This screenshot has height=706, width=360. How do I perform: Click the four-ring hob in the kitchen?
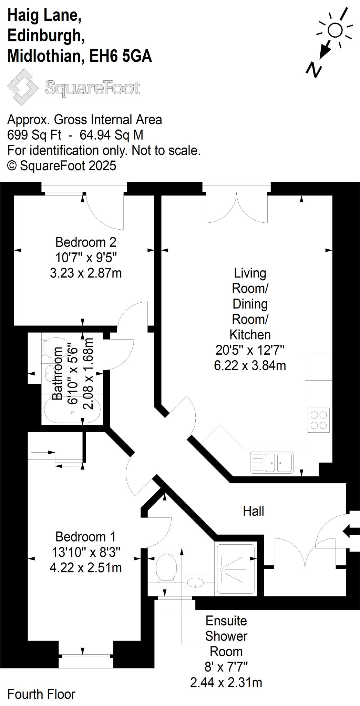coord(319,420)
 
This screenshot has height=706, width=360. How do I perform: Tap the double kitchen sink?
coord(272,462)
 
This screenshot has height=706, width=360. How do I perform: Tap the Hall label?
coord(253,511)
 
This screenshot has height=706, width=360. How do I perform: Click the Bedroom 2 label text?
coord(86,242)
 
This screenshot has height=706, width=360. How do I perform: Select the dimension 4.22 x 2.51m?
coord(86,567)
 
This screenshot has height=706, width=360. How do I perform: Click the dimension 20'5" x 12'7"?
coord(250,350)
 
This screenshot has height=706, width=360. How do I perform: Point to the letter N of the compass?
coord(313,70)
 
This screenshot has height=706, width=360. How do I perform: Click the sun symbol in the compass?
coord(335,30)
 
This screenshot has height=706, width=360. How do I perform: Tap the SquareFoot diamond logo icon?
coord(23,87)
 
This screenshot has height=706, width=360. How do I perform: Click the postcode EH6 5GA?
coord(121,56)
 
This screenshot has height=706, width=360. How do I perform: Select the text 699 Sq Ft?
coord(34,135)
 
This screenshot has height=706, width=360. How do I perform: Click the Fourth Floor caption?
coord(41,694)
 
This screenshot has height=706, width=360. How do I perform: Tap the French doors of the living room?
coord(236,207)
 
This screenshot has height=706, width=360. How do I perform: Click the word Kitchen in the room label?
coord(250,334)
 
